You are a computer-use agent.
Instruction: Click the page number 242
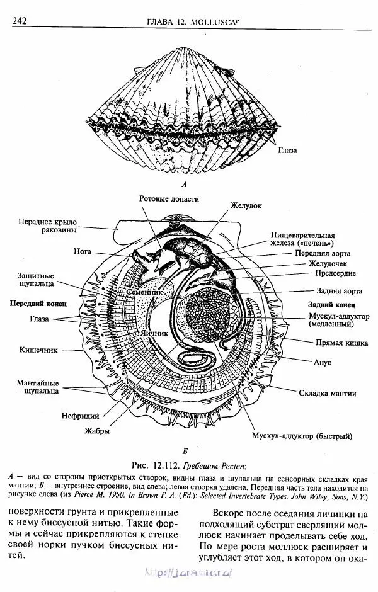[18, 21]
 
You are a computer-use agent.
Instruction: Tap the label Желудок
[246, 205]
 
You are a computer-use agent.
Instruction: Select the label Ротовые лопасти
[169, 199]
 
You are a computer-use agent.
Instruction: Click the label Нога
[83, 250]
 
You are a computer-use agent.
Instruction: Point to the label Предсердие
[335, 273]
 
